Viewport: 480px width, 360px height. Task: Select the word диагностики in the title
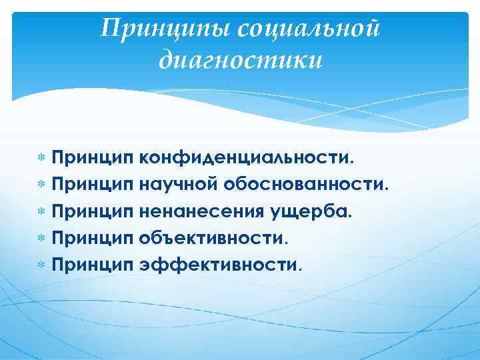241,61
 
